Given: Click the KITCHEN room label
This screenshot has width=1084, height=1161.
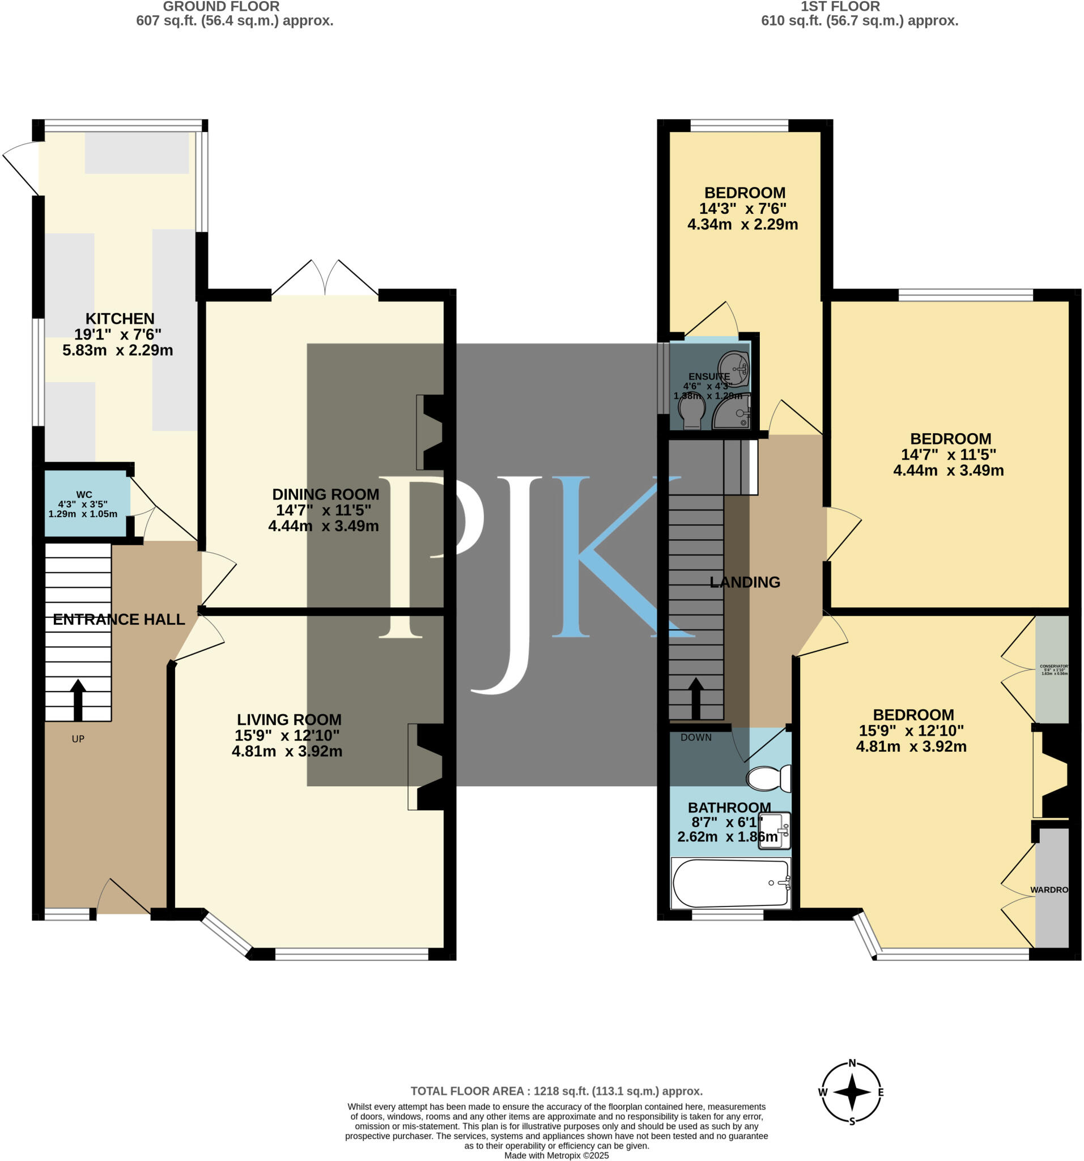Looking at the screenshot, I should point(120,319).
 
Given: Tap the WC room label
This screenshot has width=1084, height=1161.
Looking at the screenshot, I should point(83,495).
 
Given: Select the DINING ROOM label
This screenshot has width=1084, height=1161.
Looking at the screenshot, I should point(325,494).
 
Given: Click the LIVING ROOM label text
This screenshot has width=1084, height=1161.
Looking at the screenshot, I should point(289,719).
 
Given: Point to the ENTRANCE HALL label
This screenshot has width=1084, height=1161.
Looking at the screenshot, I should point(118,620).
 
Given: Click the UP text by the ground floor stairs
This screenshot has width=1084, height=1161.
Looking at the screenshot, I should point(78,739).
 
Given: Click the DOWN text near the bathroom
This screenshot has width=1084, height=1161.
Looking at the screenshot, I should point(696,738).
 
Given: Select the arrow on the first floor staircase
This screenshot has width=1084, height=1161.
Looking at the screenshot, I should point(695,697).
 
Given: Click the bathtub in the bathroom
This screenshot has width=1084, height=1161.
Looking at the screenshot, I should point(730,883).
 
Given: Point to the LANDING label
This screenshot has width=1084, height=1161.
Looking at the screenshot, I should point(744,582).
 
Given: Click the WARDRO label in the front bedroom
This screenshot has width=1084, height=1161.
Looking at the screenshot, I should point(1048,890).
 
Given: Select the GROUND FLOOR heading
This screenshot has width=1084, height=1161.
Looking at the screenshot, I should point(220,7).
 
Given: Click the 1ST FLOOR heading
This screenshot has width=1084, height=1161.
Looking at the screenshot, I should point(840,7).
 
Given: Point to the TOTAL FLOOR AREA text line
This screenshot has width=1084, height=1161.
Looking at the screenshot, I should point(556,1091).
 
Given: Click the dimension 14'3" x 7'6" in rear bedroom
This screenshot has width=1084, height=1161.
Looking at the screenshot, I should point(742,209).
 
